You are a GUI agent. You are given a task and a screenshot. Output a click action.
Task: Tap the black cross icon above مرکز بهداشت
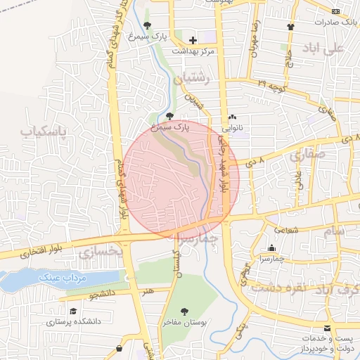point(193,40)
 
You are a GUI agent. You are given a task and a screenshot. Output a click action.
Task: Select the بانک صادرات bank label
point(335,22)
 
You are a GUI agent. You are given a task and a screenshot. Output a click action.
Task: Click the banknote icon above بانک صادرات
point(335,11)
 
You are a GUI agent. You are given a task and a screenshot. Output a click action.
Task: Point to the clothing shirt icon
point(290,27)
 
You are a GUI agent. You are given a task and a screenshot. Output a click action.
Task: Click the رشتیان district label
point(195,79)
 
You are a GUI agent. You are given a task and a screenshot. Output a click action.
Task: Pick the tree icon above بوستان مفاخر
point(185,311)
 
